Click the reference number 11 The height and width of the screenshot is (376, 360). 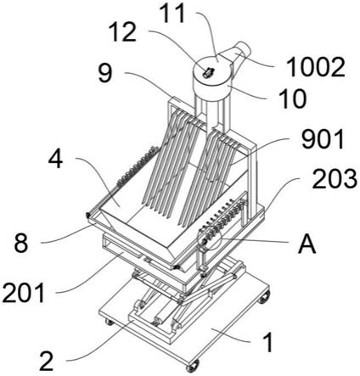click(x=172, y=14)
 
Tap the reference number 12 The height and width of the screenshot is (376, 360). click(x=122, y=32)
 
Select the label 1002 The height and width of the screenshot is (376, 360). click(x=315, y=67)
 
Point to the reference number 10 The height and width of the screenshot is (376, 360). click(x=292, y=99)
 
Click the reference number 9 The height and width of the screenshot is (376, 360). click(x=105, y=73)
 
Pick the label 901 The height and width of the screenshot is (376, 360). click(x=323, y=139)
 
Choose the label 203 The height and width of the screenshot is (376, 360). click(x=335, y=179)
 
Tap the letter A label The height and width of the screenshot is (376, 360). click(x=307, y=244)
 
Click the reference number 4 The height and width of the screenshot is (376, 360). click(x=55, y=159)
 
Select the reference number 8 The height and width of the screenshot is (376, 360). click(x=21, y=243)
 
